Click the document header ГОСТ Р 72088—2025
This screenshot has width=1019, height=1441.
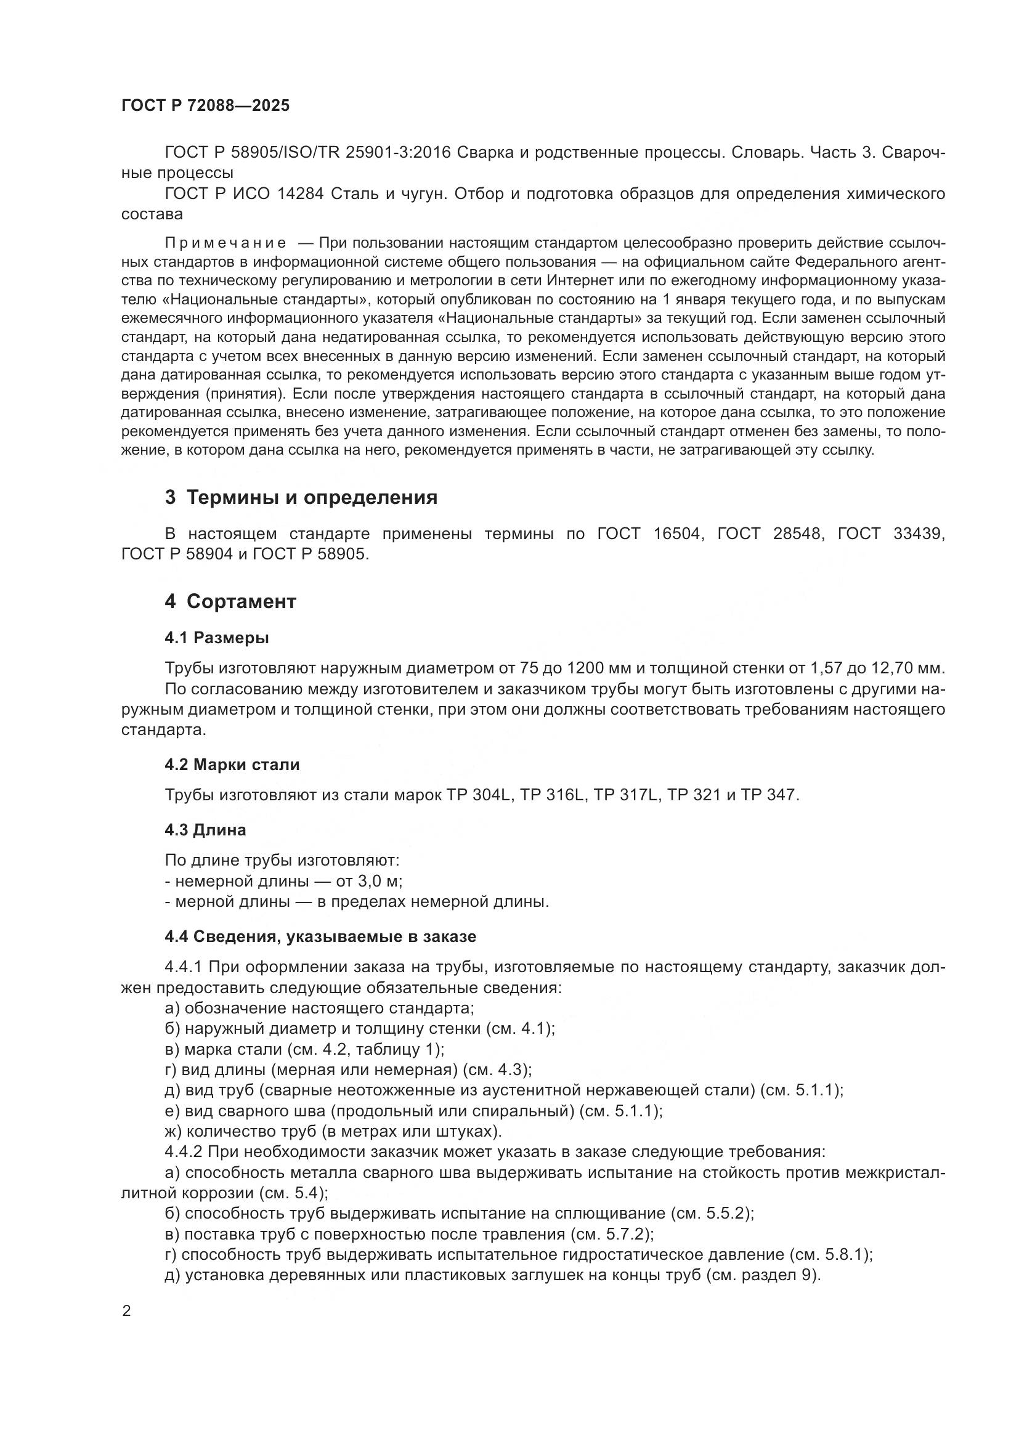pyautogui.click(x=205, y=106)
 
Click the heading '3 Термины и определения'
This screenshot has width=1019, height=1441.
pyautogui.click(x=301, y=498)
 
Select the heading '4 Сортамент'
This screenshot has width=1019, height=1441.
pyautogui.click(x=230, y=601)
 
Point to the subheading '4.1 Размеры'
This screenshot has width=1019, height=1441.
pyautogui.click(x=217, y=638)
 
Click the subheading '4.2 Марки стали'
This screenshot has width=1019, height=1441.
pyautogui.click(x=232, y=765)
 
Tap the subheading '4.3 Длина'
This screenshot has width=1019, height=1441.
pyautogui.click(x=205, y=830)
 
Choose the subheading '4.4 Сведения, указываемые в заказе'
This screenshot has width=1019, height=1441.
pyautogui.click(x=320, y=937)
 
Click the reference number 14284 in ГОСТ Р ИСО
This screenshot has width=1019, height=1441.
pyautogui.click(x=300, y=194)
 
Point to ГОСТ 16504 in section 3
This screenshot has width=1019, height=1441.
pyautogui.click(x=649, y=534)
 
